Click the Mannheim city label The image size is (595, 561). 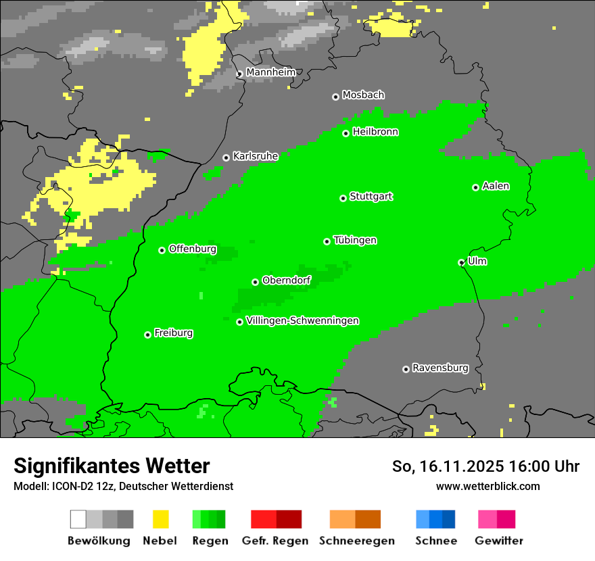270,72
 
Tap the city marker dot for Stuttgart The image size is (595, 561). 343,198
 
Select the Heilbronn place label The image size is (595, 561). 375,132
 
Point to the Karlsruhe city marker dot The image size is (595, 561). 226,157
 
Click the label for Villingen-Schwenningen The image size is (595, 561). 302,321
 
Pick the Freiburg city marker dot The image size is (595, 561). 147,335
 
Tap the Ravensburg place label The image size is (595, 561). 440,368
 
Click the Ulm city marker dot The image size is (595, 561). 461,262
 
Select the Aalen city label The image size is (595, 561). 496,186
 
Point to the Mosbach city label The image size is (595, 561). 363,95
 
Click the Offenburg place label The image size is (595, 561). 193,249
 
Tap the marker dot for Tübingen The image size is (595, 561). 327,241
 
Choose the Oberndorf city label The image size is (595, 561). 286,280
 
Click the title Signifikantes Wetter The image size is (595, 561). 112,466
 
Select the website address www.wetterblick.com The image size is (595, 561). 487,487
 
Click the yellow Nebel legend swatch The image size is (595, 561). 160,519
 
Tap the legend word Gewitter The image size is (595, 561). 498,541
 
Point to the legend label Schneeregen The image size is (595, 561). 356,541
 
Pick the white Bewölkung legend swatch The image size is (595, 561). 78,519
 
